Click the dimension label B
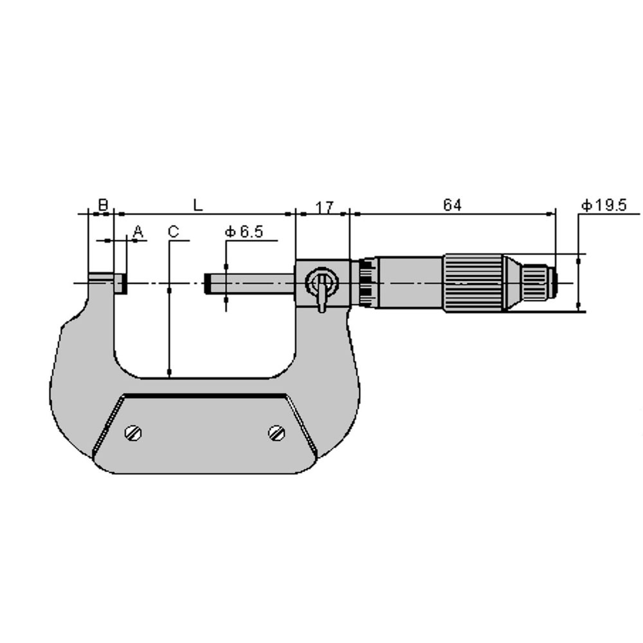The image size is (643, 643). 104,204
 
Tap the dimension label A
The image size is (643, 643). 139,231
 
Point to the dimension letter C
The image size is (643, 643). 174,231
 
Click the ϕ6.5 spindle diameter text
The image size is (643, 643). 244,232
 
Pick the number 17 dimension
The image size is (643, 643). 325,207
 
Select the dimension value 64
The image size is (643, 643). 452,204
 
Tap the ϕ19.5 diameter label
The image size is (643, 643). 604,205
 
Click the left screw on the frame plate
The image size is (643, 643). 133,433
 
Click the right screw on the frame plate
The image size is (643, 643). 276,433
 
